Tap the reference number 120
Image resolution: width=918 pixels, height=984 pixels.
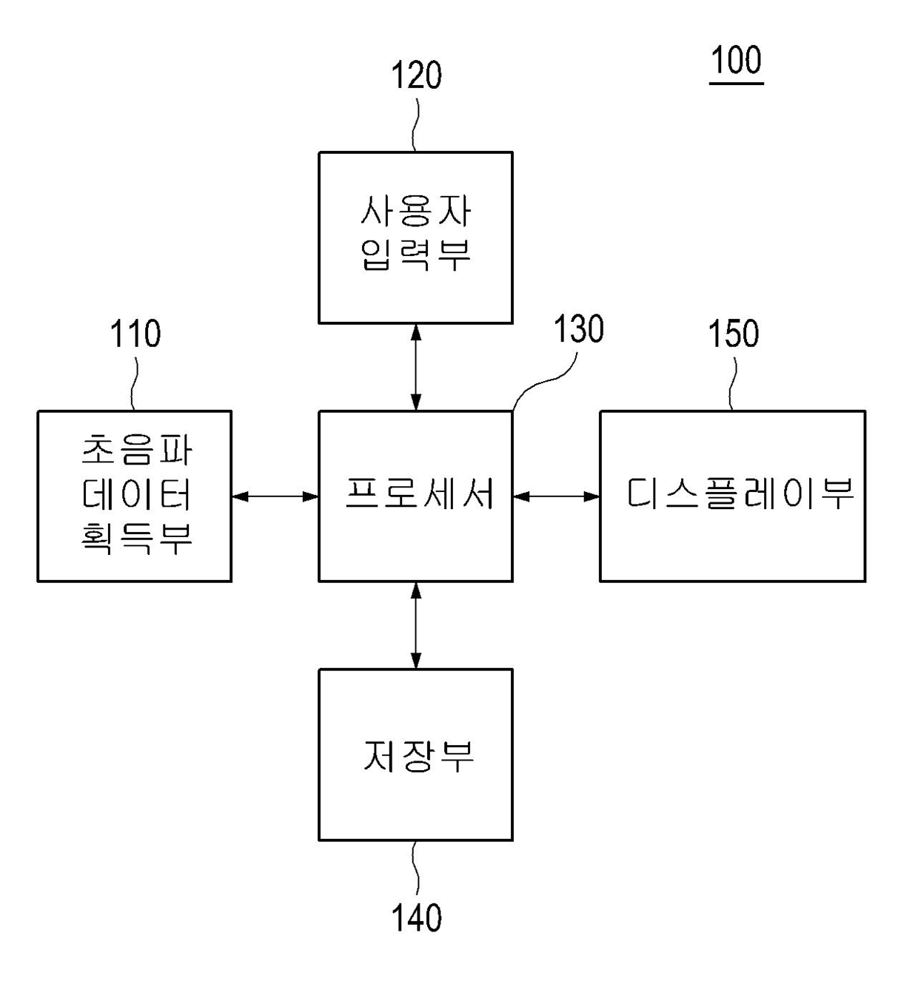tap(416, 75)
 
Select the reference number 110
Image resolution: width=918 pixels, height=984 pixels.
tap(135, 334)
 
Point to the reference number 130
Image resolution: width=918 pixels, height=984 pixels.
tap(578, 329)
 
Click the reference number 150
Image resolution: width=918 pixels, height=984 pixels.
tap(733, 334)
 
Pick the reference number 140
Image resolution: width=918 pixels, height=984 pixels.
tap(416, 917)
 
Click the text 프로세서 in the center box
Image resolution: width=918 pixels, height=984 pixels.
tap(420, 494)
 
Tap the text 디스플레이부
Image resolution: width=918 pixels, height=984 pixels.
tap(740, 494)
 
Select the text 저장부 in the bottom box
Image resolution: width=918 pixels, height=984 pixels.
tap(418, 756)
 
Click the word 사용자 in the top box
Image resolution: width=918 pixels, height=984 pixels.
tap(415, 211)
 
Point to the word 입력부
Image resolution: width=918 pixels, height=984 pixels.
tap(415, 255)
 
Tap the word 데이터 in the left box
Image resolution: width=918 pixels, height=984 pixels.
tap(136, 494)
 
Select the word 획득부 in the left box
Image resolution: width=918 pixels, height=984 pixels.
tap(136, 539)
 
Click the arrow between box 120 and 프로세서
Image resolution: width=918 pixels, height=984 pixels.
tap(416, 367)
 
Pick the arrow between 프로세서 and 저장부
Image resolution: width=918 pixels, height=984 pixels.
tap(416, 626)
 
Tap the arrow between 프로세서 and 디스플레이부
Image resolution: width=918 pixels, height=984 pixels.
tap(557, 496)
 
